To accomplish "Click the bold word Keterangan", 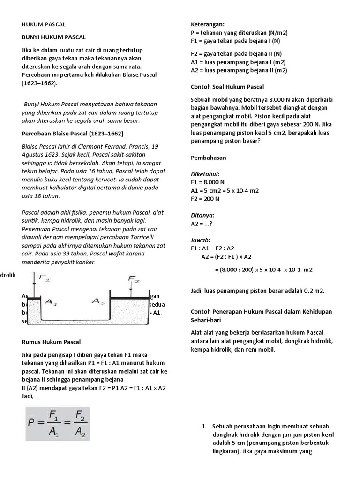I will coord(208,24).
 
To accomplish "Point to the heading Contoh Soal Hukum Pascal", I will coord(227,87).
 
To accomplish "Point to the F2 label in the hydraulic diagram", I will coord(134,279).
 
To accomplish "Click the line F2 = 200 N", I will coord(205,199).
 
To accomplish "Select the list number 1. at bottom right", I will coord(204,427).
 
